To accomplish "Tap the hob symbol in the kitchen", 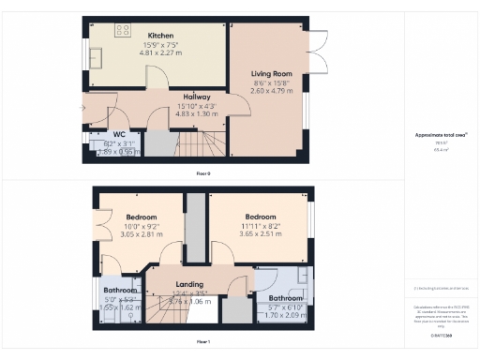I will (122, 30).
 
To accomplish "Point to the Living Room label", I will (270, 73).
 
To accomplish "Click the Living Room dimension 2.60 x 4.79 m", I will (270, 91).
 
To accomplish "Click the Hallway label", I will (197, 97).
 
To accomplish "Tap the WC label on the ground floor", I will (119, 134).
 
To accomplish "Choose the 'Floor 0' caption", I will (202, 173).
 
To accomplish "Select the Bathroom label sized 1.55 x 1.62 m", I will (120, 291).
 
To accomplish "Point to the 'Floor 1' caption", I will (202, 342).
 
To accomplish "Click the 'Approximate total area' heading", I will (440, 135).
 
